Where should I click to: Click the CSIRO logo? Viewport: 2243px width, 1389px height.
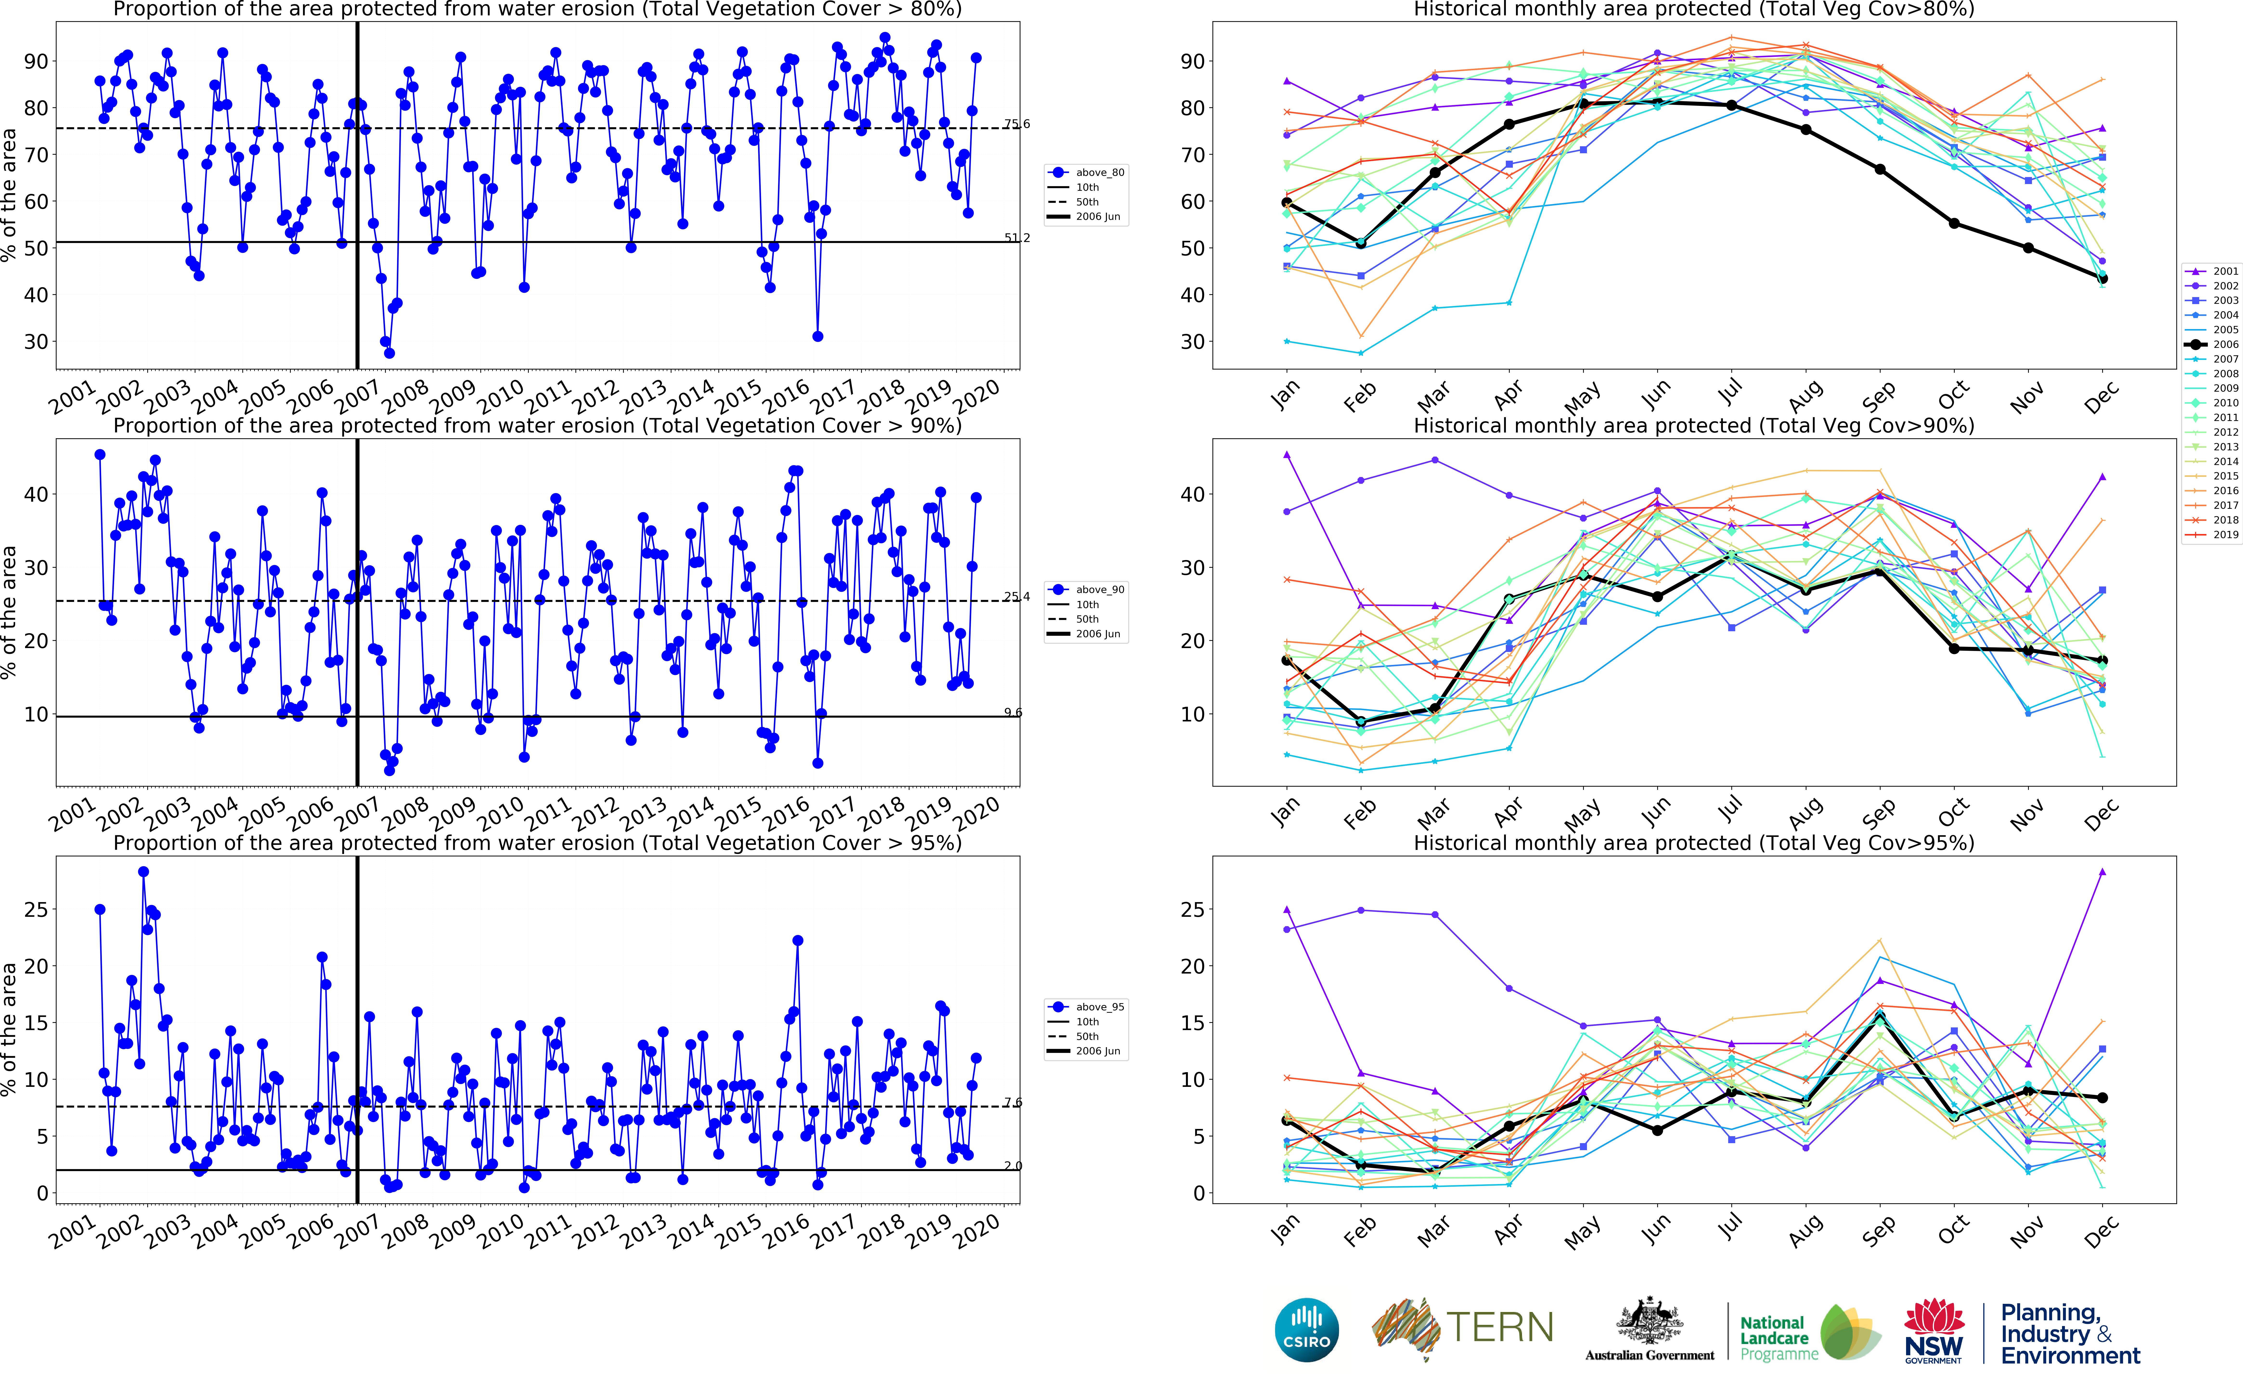(x=1307, y=1329)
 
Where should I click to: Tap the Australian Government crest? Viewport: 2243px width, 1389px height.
(x=1650, y=1323)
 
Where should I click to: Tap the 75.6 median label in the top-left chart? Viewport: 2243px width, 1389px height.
(x=1016, y=124)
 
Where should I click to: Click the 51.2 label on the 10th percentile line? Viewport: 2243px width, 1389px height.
(x=1016, y=238)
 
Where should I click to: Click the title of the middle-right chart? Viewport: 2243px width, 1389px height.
(x=1694, y=425)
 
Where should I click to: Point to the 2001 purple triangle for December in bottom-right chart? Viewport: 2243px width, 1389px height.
(x=2102, y=872)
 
